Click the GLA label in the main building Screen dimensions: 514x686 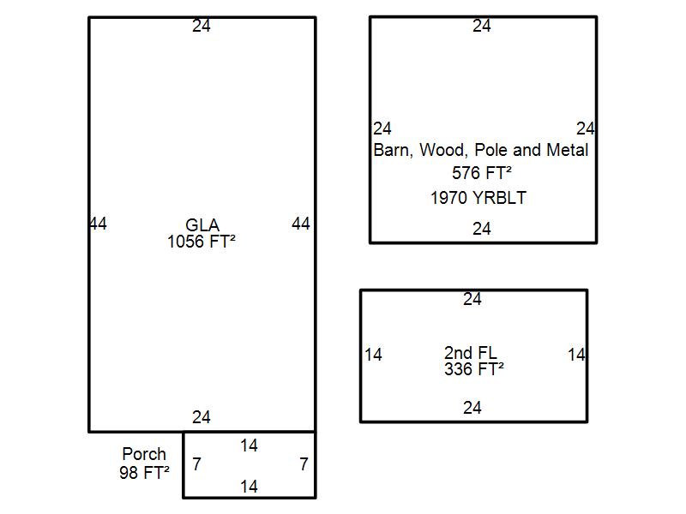(x=202, y=226)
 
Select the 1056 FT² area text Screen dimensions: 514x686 (x=202, y=242)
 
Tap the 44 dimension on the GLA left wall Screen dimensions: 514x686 (x=98, y=224)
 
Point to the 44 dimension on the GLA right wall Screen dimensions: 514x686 (x=301, y=224)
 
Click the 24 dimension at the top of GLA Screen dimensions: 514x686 (x=202, y=26)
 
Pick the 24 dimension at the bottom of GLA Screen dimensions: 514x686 (x=202, y=417)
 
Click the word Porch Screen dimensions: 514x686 (x=144, y=454)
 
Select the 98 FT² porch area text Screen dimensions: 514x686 (x=144, y=471)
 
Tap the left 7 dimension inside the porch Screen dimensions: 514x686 (x=196, y=464)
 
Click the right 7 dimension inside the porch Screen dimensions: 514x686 (x=304, y=464)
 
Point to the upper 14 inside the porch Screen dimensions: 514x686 (x=249, y=445)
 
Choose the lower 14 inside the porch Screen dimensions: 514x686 (x=249, y=487)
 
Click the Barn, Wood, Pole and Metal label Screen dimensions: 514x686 (x=481, y=150)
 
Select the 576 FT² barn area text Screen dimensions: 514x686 (x=482, y=173)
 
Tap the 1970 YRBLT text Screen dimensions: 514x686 (x=478, y=198)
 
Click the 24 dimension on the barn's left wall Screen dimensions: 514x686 (x=382, y=128)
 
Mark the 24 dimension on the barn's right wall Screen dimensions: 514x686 (x=586, y=128)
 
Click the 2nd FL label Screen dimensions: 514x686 (x=471, y=353)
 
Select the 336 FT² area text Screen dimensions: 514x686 (x=473, y=369)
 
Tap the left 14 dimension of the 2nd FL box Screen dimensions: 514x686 (x=373, y=355)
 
